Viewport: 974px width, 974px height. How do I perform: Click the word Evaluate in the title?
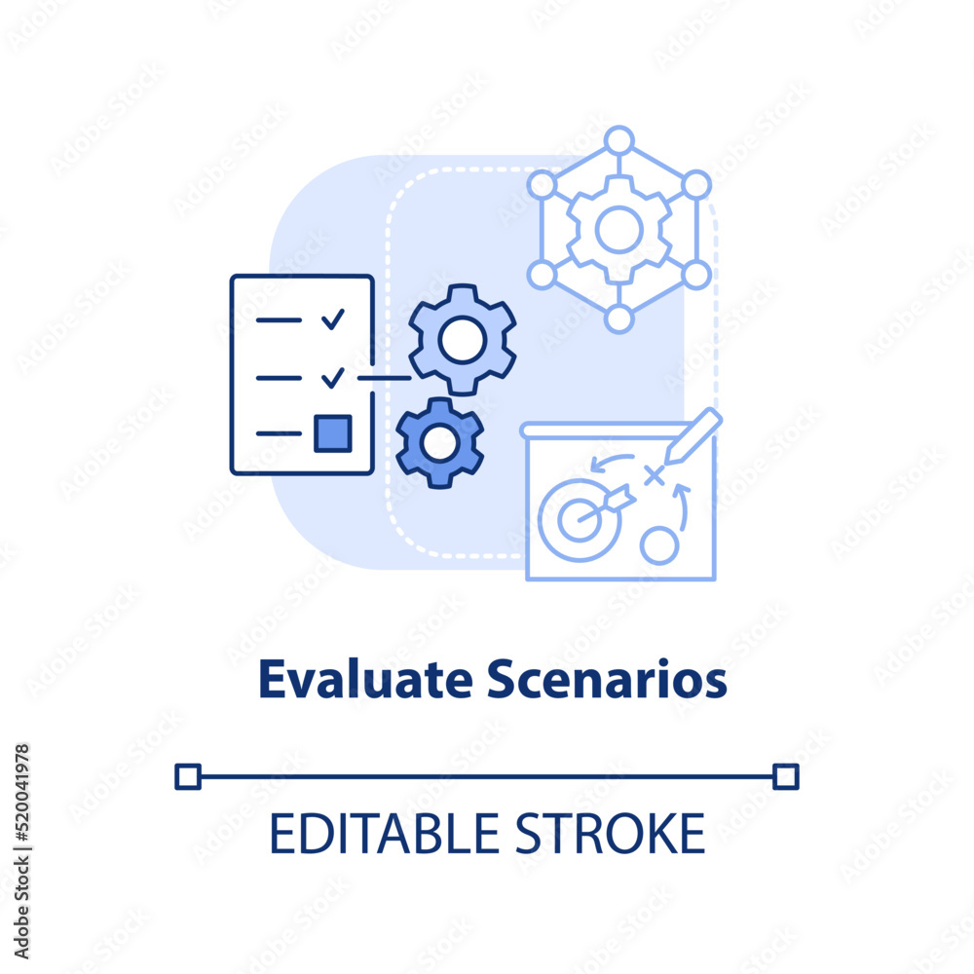point(365,679)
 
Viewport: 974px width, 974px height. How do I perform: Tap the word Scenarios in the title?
point(606,679)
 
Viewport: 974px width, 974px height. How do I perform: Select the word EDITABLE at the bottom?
point(384,834)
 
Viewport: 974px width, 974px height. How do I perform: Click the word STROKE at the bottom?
point(611,834)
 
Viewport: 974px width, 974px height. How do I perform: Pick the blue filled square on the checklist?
point(333,433)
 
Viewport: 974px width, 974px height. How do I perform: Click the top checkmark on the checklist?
point(333,318)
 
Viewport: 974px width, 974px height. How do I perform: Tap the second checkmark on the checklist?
point(333,377)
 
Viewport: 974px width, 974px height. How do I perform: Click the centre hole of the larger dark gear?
point(462,340)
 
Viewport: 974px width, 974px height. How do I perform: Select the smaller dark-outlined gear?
point(440,443)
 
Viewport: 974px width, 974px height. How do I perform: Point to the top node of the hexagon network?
point(618,140)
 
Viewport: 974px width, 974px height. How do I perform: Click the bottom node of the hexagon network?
point(618,318)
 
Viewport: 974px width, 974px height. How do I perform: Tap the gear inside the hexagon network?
point(618,230)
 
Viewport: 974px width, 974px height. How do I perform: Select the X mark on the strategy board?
point(654,476)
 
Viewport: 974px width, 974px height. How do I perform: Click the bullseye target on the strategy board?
point(581,519)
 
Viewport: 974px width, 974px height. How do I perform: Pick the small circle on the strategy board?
point(659,545)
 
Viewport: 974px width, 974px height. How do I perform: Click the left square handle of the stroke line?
point(188,776)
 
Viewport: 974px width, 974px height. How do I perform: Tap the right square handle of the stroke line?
point(786,776)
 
